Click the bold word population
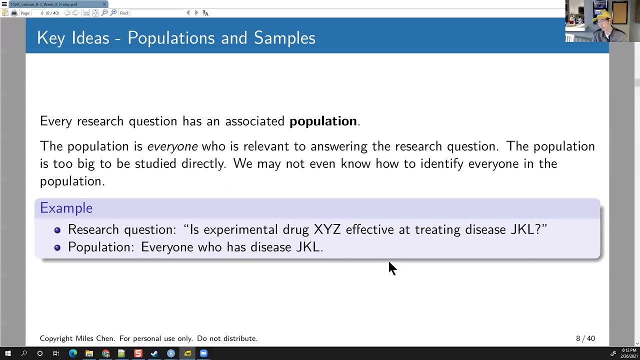pos(323,121)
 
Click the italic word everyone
pos(172,146)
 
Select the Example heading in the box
pos(66,208)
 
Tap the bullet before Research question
pos(57,230)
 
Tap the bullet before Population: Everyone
pos(57,247)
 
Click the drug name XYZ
pos(327,229)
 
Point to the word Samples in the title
pos(284,38)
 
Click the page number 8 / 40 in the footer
pos(585,338)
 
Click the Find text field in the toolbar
pos(157,13)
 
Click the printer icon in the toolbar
pos(14,13)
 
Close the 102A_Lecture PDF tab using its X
pos(104,4)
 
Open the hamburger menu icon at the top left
pos(4,4)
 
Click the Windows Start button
pos(7,353)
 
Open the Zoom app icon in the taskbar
pos(203,353)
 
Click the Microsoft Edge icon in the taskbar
pos(73,353)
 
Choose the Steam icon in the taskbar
pos(154,353)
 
